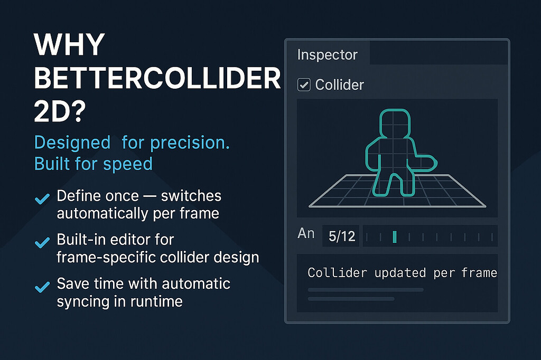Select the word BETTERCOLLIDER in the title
click(x=157, y=80)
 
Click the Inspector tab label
click(x=327, y=54)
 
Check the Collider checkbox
click(x=304, y=84)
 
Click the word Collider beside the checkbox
click(x=339, y=84)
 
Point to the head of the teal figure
click(x=395, y=125)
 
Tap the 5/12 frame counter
click(x=341, y=236)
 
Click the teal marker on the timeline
click(x=394, y=236)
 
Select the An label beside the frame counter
click(x=306, y=233)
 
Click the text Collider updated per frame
click(x=402, y=273)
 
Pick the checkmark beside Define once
click(x=41, y=199)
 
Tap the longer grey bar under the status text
click(x=366, y=289)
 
